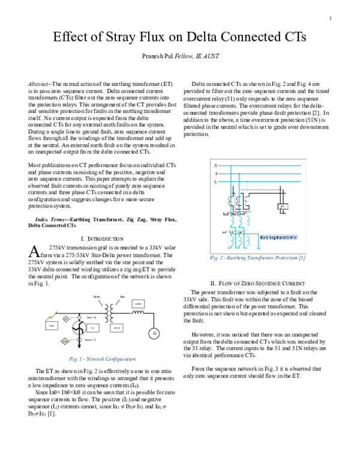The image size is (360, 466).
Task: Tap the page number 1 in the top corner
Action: point(330,19)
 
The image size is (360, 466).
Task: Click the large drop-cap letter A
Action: point(35,251)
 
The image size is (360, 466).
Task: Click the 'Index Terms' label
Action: point(52,220)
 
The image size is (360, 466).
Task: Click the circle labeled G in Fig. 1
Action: point(154,333)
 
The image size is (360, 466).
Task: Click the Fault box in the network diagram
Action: point(52,325)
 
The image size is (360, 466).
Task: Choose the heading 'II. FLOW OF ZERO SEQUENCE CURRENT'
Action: point(258,283)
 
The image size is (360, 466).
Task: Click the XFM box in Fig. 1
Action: point(116,328)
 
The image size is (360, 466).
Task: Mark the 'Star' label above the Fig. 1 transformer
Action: point(122,297)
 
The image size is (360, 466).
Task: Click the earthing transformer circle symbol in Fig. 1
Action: point(77,328)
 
